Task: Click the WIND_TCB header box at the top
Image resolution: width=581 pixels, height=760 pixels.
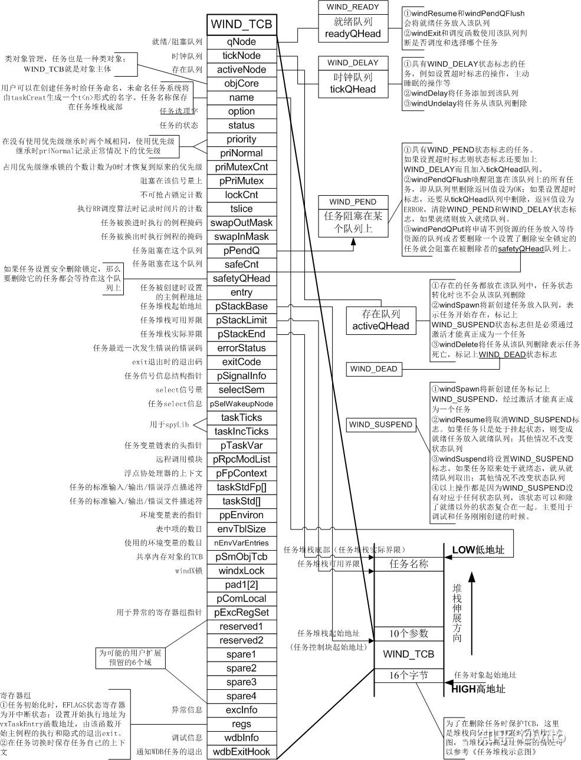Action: pos(241,24)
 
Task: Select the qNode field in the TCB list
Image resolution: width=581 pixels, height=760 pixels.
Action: pos(241,42)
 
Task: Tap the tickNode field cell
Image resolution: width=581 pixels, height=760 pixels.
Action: pos(241,56)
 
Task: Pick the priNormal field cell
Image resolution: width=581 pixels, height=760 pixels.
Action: pos(241,153)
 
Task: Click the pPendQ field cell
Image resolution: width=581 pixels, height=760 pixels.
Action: pos(241,251)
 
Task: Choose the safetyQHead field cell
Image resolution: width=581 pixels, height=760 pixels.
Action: pos(241,278)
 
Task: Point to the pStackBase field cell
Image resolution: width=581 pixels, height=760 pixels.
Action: pos(241,307)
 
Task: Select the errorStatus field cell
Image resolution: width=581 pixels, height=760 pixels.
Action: pos(241,348)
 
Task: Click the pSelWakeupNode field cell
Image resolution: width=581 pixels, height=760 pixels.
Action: pos(241,404)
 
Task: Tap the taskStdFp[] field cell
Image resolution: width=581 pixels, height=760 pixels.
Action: pos(241,487)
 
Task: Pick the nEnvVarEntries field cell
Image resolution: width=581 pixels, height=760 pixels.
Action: pos(241,543)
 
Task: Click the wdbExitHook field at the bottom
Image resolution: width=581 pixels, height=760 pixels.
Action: pos(241,752)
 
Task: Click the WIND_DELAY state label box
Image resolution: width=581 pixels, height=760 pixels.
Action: pos(353,63)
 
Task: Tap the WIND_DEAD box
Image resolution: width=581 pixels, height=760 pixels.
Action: pos(374,369)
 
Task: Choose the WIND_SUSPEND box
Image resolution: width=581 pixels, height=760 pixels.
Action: pos(380,425)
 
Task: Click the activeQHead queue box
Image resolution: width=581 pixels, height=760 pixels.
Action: pos(380,320)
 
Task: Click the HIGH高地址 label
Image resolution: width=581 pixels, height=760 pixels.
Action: pos(478,689)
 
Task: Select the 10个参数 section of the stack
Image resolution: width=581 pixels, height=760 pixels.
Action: pos(408,634)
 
